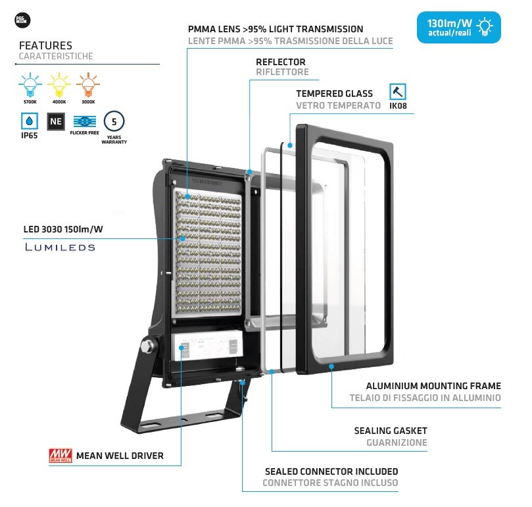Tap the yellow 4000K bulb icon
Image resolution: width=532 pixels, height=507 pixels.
coord(59,85)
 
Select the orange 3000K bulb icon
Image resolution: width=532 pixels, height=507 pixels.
coord(87,85)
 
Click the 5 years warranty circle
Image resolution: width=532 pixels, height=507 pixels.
coord(114,122)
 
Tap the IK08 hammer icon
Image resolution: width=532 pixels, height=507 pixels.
coord(397,92)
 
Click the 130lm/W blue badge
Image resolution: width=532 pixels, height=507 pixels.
coord(458,27)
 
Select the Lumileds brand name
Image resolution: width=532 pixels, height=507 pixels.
coord(60,248)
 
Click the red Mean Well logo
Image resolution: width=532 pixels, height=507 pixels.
coord(60,455)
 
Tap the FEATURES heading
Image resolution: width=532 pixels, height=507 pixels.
coord(45,45)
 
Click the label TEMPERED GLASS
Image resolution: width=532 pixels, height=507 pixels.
coord(334,93)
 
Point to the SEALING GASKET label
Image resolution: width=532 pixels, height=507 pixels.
coord(390,431)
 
